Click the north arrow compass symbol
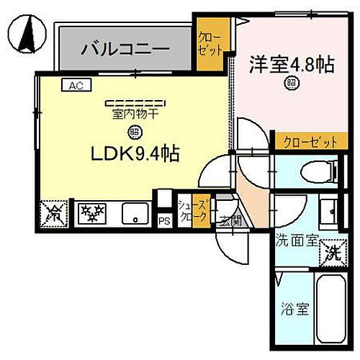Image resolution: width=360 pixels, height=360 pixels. pyautogui.click(x=30, y=34)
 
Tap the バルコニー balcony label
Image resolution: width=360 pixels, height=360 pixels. pyautogui.click(x=125, y=50)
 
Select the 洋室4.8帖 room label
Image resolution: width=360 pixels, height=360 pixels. pyautogui.click(x=292, y=65)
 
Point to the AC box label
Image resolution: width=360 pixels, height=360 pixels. pyautogui.click(x=76, y=85)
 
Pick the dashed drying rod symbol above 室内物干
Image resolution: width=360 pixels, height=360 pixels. pyautogui.click(x=135, y=102)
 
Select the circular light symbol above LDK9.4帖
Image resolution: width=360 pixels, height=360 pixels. pyautogui.click(x=135, y=132)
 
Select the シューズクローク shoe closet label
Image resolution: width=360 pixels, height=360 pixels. pyautogui.click(x=194, y=210)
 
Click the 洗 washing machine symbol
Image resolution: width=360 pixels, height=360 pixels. pyautogui.click(x=332, y=252)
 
